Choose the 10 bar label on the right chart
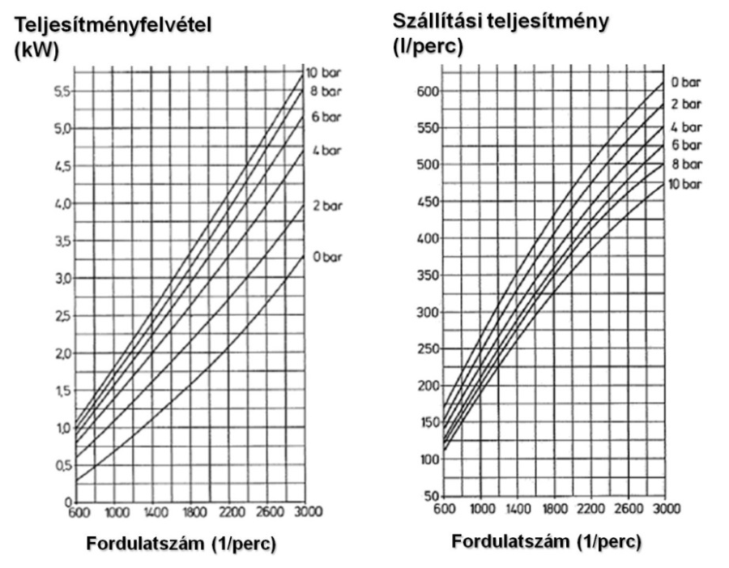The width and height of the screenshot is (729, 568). tap(686, 184)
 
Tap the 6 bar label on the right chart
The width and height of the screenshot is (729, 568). tap(686, 145)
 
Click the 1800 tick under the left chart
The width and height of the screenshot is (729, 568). tap(188, 512)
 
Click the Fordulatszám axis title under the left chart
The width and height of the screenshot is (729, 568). tap(181, 545)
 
